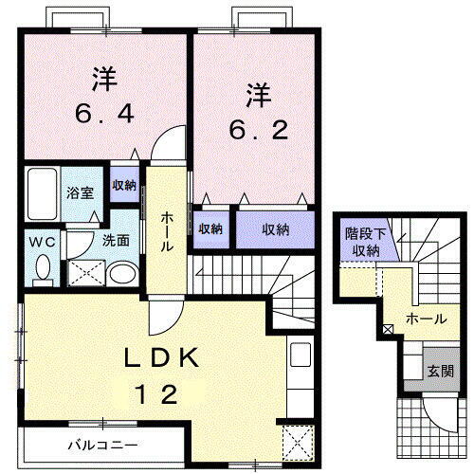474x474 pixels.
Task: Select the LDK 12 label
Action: pos(162,375)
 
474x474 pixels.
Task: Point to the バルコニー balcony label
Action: pos(102,444)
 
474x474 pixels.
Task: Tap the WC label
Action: pos(39,241)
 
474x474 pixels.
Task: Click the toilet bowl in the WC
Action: pos(41,271)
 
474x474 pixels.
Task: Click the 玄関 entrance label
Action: pos(437,371)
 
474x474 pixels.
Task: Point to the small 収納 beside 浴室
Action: pos(124,186)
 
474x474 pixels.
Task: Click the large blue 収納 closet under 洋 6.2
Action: pos(275,228)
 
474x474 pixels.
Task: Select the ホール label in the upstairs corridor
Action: pos(166,230)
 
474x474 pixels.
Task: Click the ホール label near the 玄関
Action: pos(425,319)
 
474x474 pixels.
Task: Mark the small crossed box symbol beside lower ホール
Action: pos(386,330)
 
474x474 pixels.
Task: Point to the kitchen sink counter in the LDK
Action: pos(300,371)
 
